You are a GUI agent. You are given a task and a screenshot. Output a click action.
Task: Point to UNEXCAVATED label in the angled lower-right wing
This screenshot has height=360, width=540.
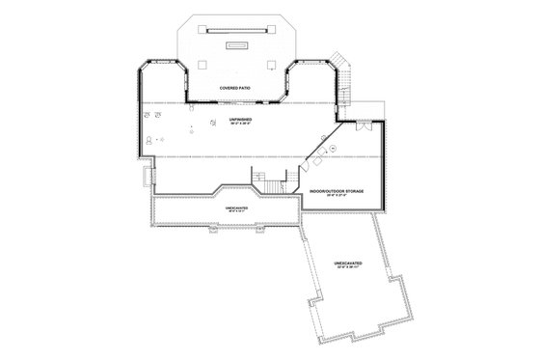pos(348,263)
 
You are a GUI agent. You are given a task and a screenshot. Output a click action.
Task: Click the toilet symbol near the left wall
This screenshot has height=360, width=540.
pos(148,139)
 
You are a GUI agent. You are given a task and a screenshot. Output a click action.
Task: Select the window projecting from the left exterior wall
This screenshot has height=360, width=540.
pos(147,178)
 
